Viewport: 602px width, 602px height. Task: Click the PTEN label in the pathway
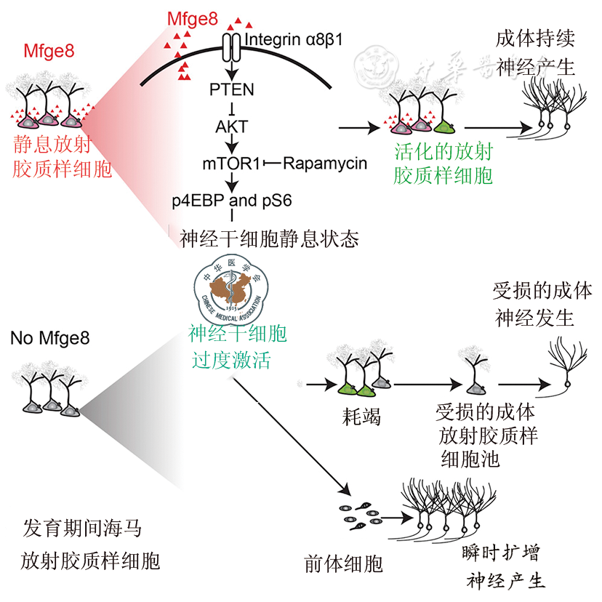(x=231, y=89)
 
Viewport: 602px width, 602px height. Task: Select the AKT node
(x=231, y=126)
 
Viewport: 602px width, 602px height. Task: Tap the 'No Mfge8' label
(x=50, y=338)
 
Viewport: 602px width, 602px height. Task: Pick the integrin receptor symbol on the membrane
(x=230, y=47)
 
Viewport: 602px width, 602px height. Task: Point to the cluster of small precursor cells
(x=358, y=515)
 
